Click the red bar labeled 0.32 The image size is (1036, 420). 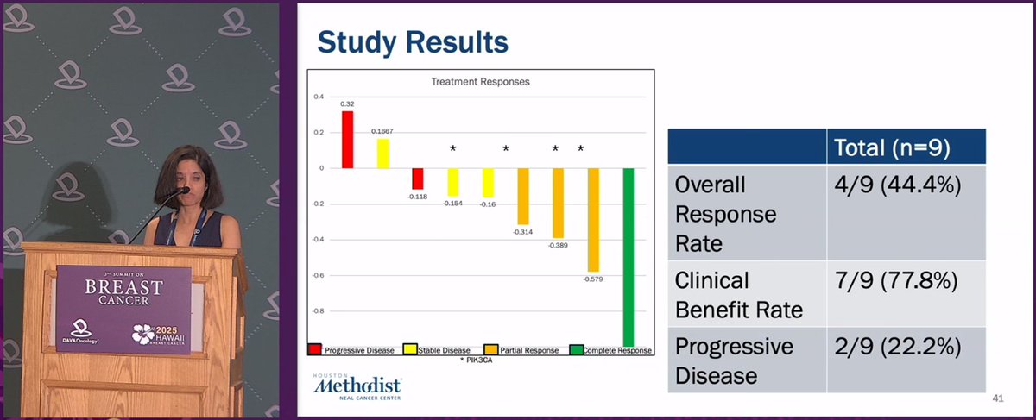[x=347, y=140]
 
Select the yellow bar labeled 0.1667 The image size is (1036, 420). [x=382, y=154]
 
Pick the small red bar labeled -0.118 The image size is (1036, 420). [x=418, y=179]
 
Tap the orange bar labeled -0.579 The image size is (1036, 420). [x=593, y=220]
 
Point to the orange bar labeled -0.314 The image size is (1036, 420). [x=522, y=196]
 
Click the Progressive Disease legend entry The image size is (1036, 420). [x=352, y=350]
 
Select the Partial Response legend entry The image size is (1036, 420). [x=522, y=350]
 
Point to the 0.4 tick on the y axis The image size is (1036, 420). [x=319, y=97]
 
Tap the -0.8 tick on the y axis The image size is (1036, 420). [x=318, y=310]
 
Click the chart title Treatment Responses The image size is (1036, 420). [x=480, y=82]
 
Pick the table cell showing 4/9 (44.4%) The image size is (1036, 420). [x=906, y=185]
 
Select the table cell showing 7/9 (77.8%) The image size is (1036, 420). [x=906, y=281]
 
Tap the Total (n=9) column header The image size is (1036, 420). [x=906, y=147]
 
